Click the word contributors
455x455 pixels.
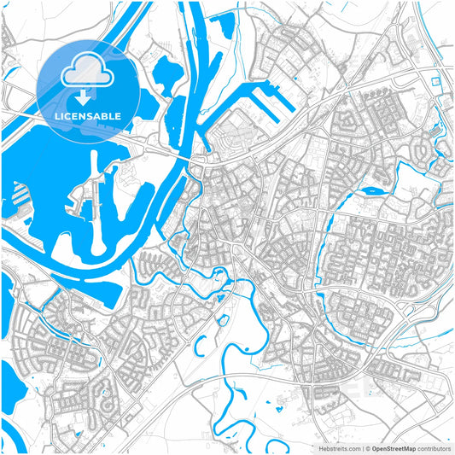(x=434, y=447)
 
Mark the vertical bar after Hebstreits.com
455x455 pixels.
(x=361, y=447)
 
